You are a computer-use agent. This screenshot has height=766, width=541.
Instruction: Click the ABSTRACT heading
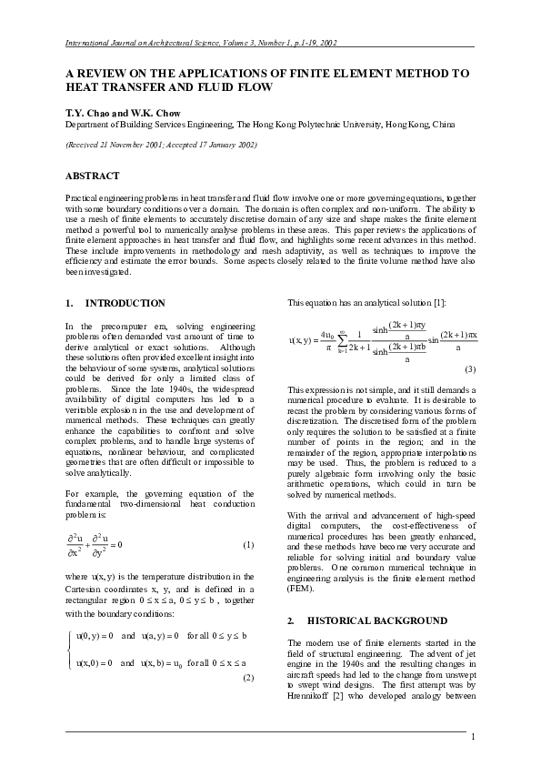93,175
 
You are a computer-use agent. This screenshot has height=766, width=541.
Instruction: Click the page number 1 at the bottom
473,737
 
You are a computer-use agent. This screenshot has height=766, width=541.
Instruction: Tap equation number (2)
248,678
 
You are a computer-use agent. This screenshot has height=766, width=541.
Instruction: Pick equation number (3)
470,369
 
